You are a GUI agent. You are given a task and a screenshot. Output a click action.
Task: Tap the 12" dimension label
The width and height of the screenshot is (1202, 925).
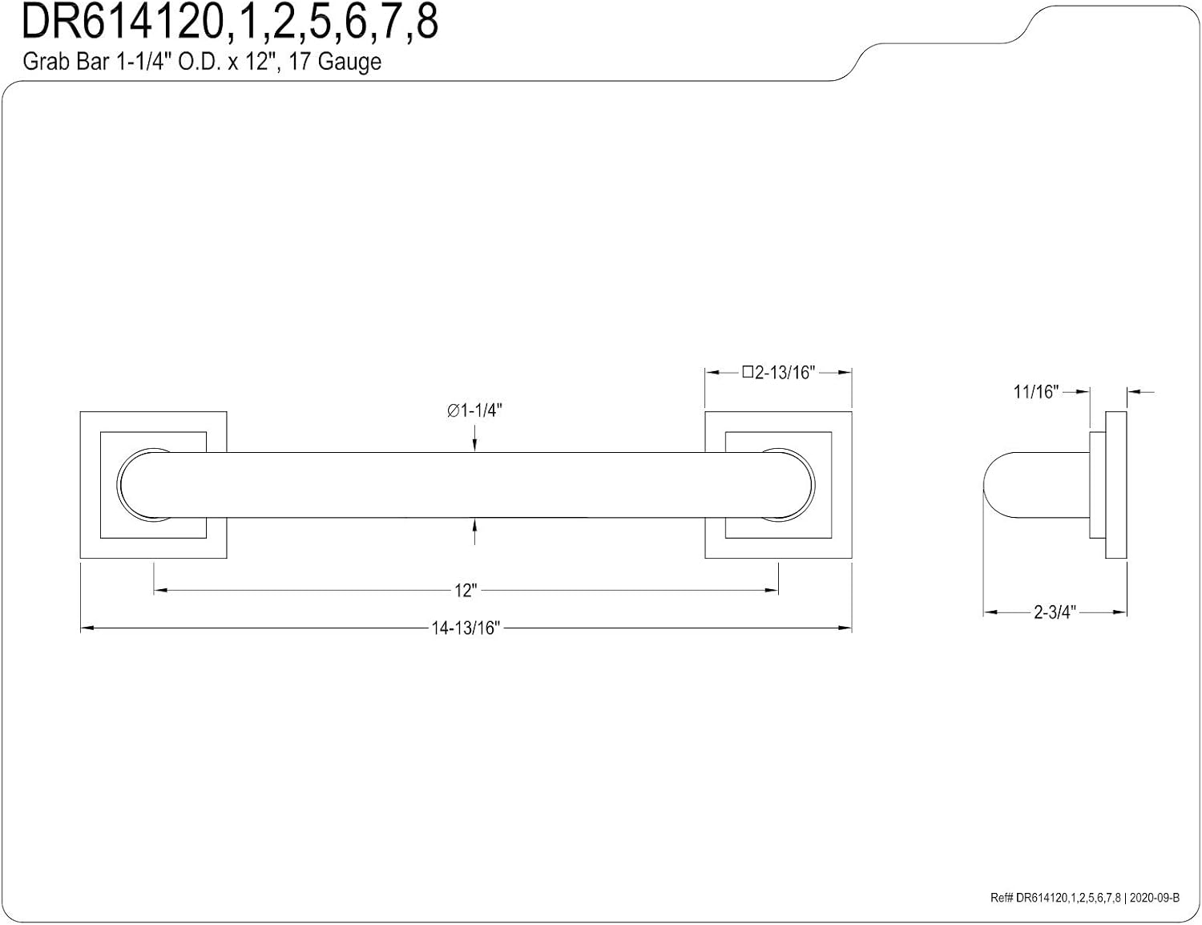click(466, 590)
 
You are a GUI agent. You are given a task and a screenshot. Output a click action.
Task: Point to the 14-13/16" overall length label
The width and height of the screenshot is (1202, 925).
click(466, 628)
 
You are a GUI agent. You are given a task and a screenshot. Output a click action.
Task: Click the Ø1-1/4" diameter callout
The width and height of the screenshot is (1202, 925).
click(474, 410)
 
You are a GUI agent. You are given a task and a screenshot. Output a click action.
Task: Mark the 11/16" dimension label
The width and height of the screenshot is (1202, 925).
click(1035, 392)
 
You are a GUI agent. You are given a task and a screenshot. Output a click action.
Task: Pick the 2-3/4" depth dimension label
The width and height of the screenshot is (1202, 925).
click(1055, 612)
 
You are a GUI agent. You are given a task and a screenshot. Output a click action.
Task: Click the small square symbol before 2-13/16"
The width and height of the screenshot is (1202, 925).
click(748, 372)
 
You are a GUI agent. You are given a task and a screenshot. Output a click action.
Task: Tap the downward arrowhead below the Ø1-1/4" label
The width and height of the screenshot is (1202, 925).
click(474, 446)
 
